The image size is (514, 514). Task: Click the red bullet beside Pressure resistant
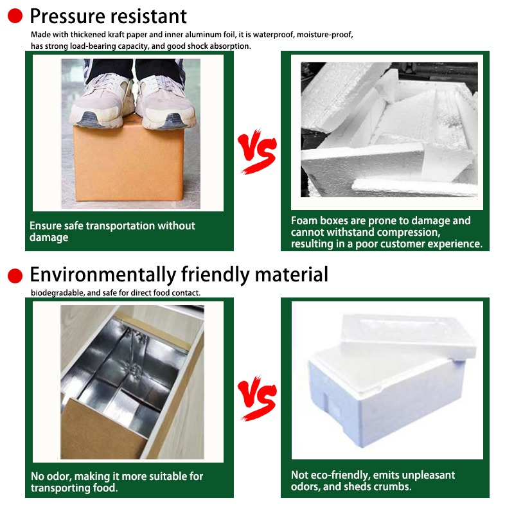[x=15, y=15]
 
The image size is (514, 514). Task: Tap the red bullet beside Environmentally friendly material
[x=15, y=276]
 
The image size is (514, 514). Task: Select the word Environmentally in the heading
[x=103, y=275]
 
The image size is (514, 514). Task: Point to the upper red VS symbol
[x=258, y=151]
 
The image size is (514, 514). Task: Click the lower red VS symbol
[x=258, y=398]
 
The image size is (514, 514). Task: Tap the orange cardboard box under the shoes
[x=128, y=163]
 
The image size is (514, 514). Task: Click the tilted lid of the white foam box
[x=408, y=335]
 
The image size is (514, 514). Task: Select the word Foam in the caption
[x=304, y=220]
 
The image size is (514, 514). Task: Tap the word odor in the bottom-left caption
[x=60, y=476]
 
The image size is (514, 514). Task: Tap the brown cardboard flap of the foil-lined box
[x=101, y=429]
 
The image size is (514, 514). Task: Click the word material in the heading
[x=292, y=274]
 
